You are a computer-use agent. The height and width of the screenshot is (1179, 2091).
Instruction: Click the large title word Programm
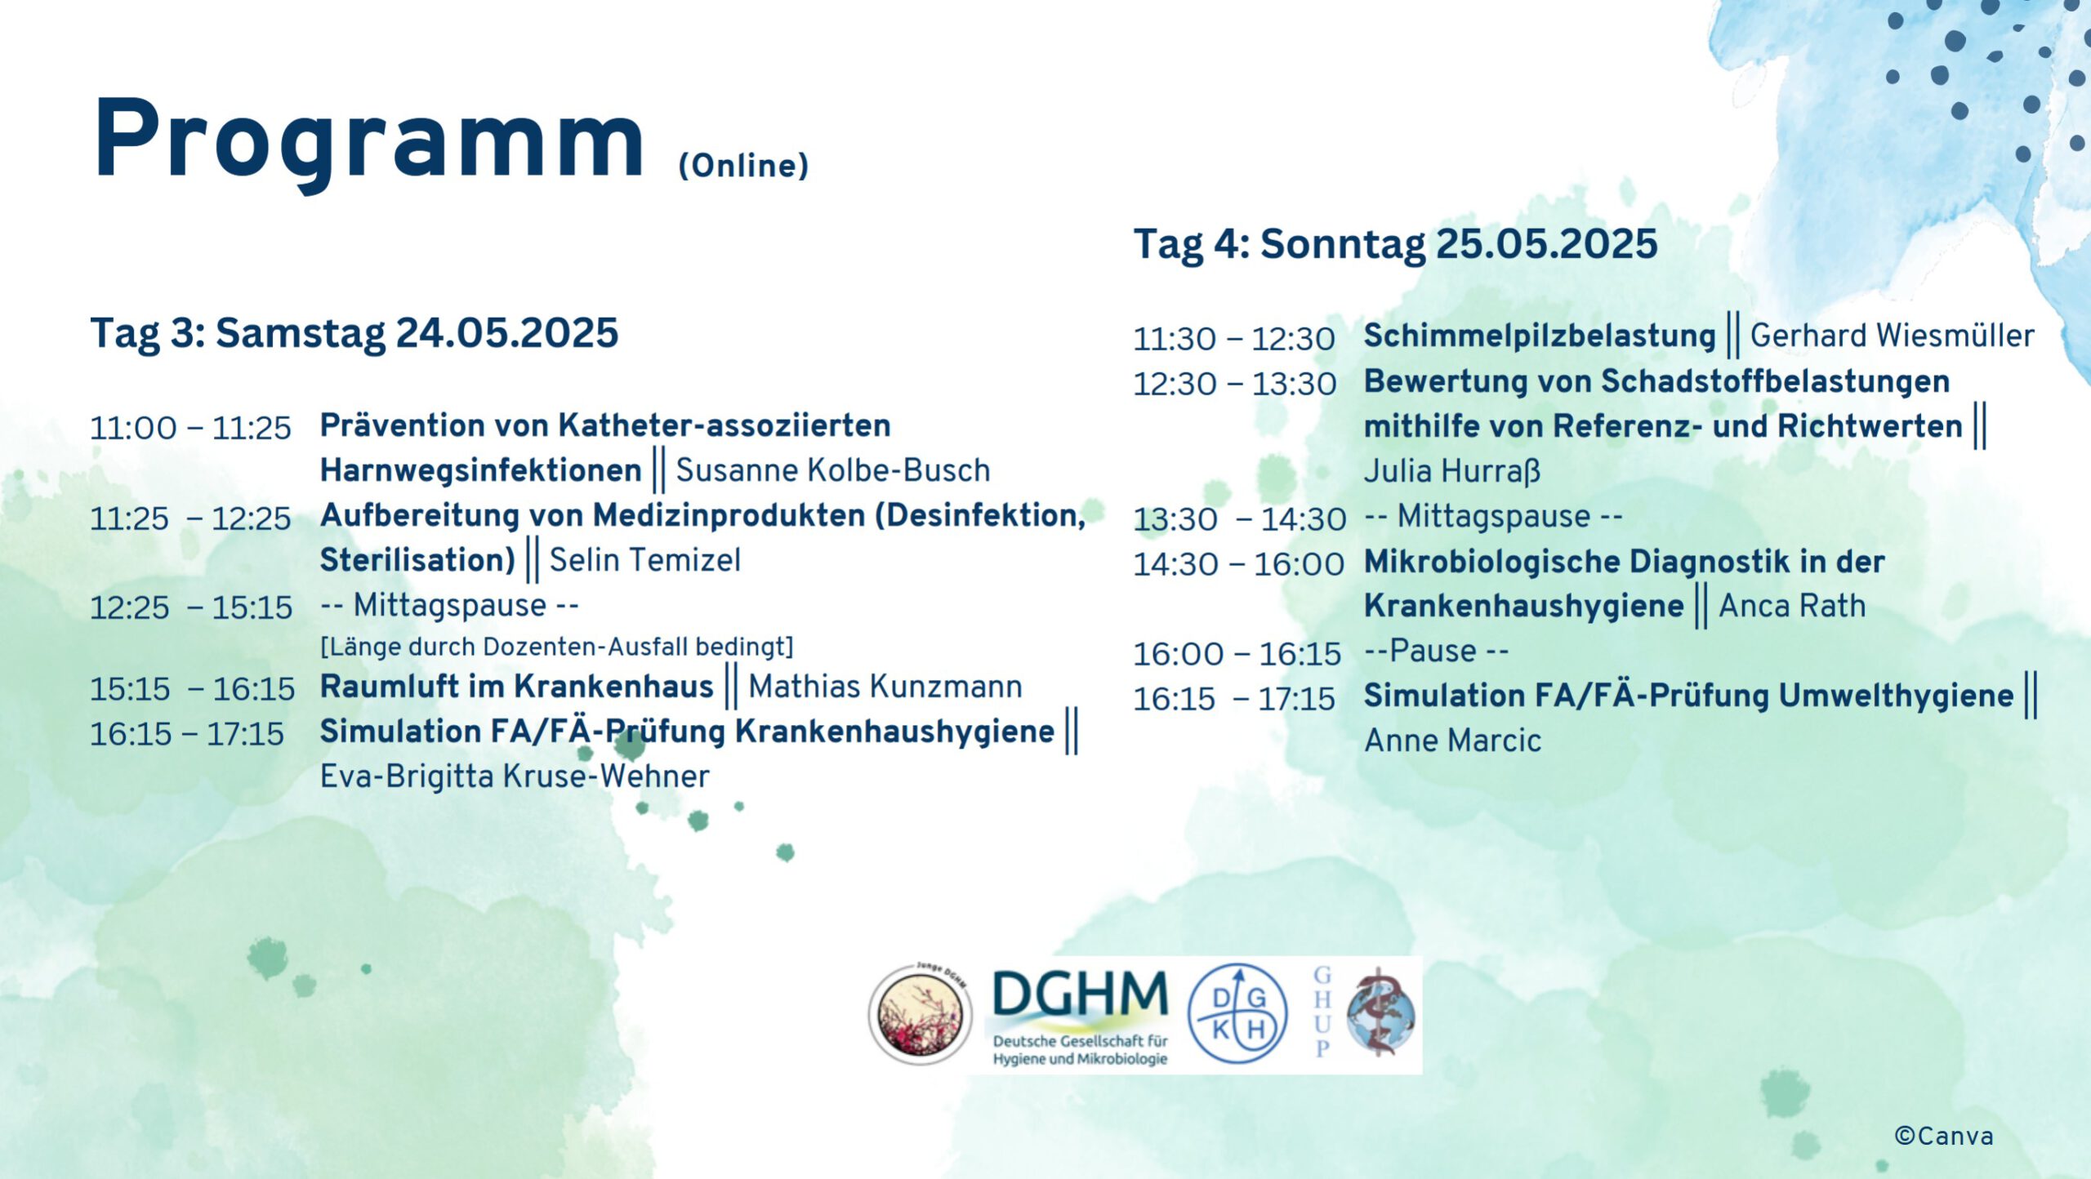369,141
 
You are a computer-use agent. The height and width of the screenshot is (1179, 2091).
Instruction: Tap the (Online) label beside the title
743,166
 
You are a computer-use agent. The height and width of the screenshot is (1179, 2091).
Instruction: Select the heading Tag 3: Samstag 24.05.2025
354,333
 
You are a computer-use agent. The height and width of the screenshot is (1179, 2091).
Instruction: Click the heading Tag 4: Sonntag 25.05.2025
1395,244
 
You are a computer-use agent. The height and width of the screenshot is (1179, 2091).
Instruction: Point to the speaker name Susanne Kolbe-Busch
833,470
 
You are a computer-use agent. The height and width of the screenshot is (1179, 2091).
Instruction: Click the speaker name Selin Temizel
644,560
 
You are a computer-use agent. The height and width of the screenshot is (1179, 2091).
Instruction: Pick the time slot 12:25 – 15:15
191,607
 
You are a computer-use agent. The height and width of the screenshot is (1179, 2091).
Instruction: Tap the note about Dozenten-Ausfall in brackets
557,647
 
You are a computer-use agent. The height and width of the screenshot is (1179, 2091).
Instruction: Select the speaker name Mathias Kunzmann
885,687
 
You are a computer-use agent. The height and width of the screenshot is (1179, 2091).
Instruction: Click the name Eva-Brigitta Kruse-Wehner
515,776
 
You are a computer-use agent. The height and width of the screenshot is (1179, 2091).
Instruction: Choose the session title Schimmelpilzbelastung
1540,336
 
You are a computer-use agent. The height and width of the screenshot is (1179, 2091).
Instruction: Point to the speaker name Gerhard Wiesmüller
1892,336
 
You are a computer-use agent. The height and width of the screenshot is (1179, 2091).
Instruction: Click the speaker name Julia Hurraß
1452,471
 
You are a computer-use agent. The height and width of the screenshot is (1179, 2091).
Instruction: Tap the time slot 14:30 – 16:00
1238,564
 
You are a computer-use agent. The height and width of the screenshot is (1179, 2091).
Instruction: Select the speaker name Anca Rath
1792,606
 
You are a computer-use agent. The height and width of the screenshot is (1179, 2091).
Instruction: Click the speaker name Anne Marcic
1453,741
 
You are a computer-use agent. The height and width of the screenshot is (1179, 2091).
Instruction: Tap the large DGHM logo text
1081,994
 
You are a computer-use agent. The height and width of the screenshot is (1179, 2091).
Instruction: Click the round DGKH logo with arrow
1237,1014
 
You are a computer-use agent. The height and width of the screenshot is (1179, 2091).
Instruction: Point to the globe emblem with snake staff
1381,1014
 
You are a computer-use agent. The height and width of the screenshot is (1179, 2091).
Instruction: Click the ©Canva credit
1944,1136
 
